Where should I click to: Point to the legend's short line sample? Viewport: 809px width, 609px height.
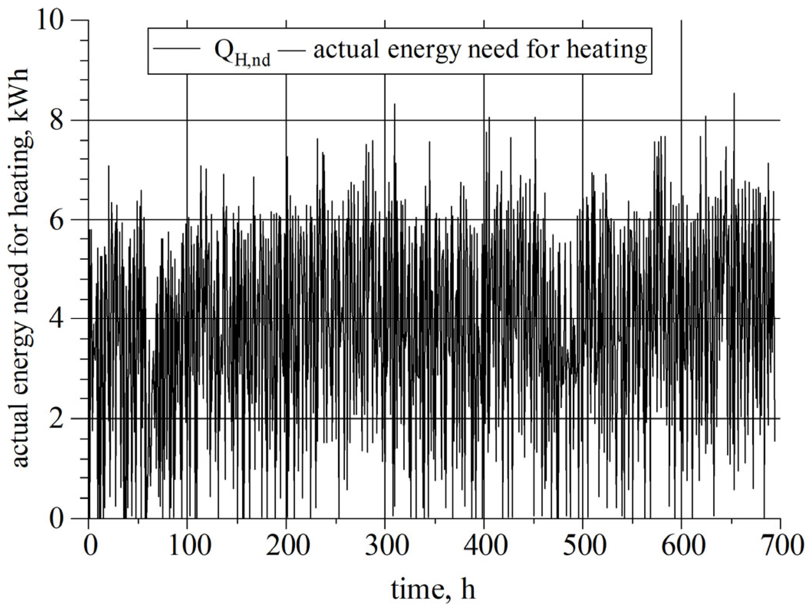coord(177,49)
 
